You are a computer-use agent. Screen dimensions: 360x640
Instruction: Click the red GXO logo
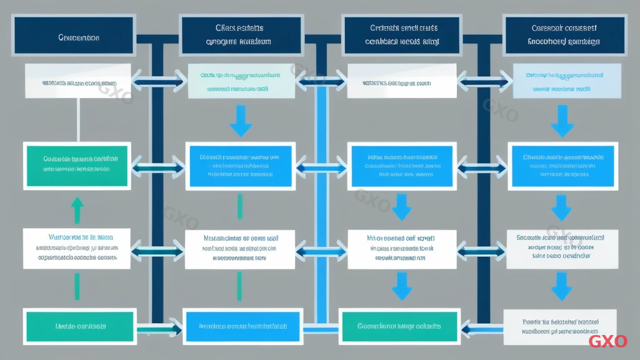pyautogui.click(x=607, y=341)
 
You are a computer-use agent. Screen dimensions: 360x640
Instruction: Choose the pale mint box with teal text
pyautogui.click(x=239, y=81)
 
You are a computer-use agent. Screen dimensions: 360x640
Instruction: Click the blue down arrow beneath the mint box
pyautogui.click(x=240, y=121)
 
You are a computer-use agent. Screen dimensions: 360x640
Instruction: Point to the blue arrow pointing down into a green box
pyautogui.click(x=401, y=287)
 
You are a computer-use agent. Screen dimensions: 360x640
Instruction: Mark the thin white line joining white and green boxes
pyautogui.click(x=77, y=120)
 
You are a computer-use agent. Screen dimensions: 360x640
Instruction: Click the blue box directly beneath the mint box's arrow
pyautogui.click(x=240, y=166)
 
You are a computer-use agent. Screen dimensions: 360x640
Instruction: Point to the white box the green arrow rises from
pyautogui.click(x=77, y=248)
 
